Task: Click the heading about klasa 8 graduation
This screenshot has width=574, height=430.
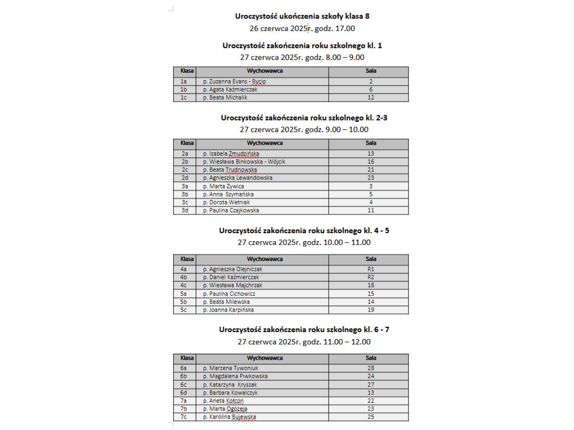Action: (x=302, y=16)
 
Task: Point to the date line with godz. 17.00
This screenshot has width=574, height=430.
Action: (x=302, y=28)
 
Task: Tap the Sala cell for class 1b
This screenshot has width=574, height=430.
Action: (x=371, y=89)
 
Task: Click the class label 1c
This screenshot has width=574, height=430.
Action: (x=184, y=97)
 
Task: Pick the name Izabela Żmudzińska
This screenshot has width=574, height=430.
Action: (x=231, y=154)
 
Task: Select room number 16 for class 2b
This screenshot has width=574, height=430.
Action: (x=371, y=162)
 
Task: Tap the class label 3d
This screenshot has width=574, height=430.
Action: (x=185, y=210)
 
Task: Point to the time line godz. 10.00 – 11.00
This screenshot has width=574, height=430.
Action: (x=304, y=242)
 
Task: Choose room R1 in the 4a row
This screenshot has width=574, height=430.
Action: (x=371, y=269)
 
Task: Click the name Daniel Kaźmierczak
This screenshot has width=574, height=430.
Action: (x=231, y=277)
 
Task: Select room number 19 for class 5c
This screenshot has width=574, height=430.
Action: (x=371, y=310)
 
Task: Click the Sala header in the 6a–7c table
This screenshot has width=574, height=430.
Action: (x=371, y=358)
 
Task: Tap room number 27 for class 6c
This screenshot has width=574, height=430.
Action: (x=371, y=385)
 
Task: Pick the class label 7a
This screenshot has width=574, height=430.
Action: (x=184, y=401)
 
